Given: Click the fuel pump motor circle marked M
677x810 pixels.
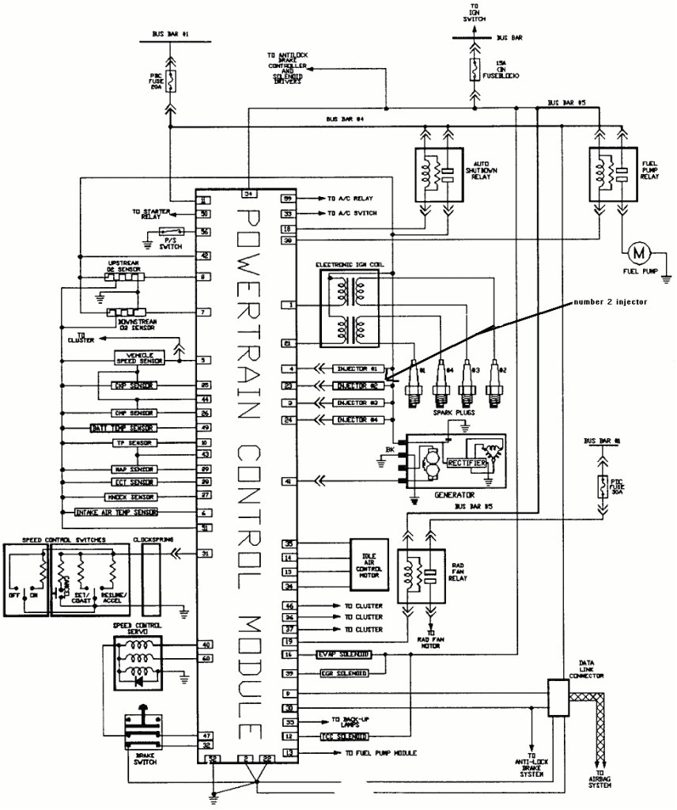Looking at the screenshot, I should pos(637,253).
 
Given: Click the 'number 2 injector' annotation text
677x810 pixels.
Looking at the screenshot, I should pos(610,302).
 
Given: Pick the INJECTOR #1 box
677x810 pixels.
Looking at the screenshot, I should pos(360,369).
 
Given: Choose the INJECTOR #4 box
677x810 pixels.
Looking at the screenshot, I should pos(360,419).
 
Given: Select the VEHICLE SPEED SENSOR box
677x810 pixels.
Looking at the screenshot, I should pos(139,358).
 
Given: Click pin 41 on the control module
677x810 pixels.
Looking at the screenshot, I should pos(289,480).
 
